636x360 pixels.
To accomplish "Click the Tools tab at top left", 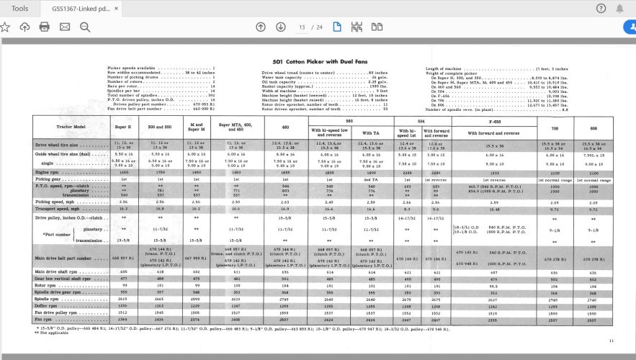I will [x=20, y=8].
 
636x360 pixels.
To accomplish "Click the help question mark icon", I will [x=601, y=8].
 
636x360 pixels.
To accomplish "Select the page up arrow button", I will [x=261, y=27].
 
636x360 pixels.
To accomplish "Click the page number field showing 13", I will [x=302, y=27].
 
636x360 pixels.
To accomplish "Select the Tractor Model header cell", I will [x=71, y=127].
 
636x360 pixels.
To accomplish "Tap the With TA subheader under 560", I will [x=372, y=133].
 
